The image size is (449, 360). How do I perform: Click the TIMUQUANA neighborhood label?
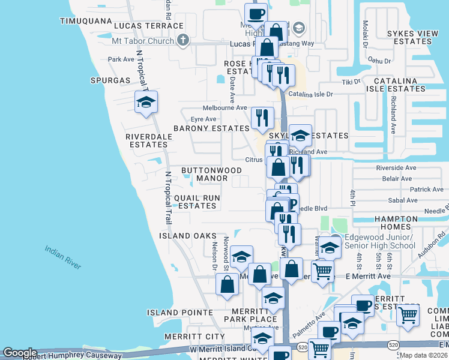tap(86, 21)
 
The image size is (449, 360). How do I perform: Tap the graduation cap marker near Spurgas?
tap(146, 103)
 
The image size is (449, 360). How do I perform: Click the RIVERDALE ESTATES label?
tap(149, 140)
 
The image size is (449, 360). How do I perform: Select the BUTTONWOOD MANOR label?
tap(205, 174)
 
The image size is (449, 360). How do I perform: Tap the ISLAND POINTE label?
tap(180, 313)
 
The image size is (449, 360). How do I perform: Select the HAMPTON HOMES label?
tap(405, 223)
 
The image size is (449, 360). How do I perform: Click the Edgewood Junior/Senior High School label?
tap(378, 241)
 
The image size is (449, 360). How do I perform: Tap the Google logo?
tap(19, 353)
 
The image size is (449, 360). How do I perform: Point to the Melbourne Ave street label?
tap(224, 107)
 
